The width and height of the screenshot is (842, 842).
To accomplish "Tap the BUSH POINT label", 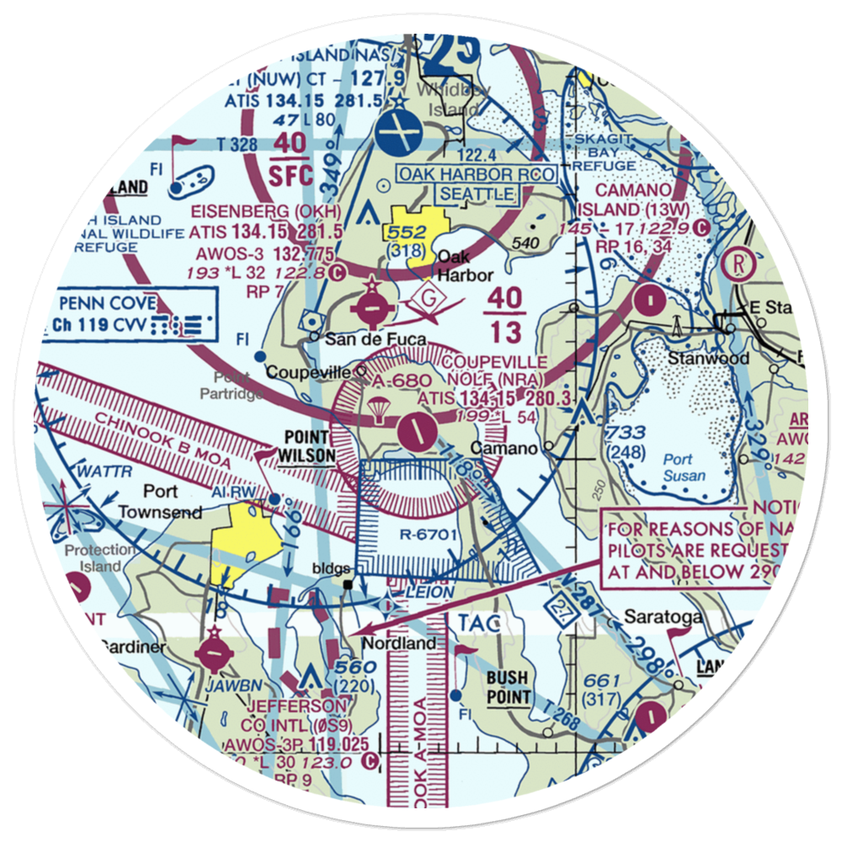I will (x=507, y=686).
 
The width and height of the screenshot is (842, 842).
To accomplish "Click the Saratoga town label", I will (x=662, y=617).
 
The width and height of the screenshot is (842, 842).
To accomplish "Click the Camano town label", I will (x=504, y=447).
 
